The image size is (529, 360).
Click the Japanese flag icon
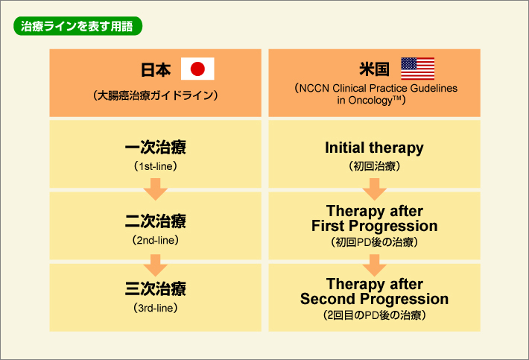click(197, 69)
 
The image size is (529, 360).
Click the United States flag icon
click(418, 69)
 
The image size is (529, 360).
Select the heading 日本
click(156, 70)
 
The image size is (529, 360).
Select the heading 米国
click(374, 69)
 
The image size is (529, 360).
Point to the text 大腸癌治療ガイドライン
click(155, 95)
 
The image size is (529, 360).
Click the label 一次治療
click(155, 148)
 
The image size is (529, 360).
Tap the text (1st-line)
click(155, 165)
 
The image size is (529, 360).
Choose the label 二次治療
click(155, 221)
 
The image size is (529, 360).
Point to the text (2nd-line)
click(155, 240)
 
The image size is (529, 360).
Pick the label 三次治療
click(155, 288)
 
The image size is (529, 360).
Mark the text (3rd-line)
click(155, 307)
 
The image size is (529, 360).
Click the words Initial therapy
click(374, 148)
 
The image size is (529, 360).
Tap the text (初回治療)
click(374, 166)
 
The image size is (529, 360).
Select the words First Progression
click(374, 225)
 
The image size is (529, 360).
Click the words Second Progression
click(374, 299)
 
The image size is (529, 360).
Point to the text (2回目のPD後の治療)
click(374, 315)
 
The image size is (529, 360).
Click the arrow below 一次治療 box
click(155, 189)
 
